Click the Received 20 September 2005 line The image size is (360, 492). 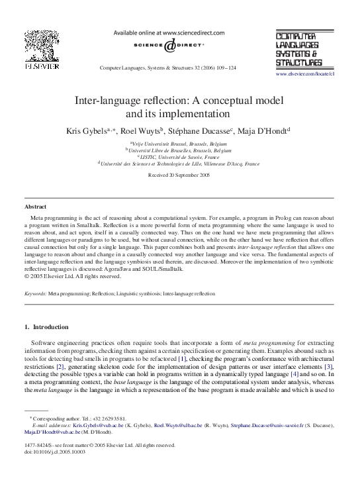[179, 175]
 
